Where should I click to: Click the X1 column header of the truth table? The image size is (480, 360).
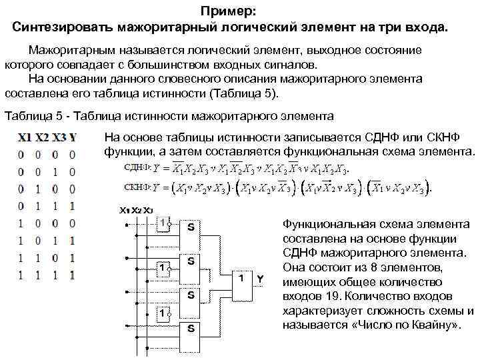[x=25, y=139]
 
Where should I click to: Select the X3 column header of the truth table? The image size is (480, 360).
[x=59, y=139]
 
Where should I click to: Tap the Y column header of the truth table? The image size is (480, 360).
[x=73, y=139]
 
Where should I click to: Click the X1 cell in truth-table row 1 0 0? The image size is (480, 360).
[x=21, y=223]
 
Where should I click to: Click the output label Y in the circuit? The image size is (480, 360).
[x=261, y=278]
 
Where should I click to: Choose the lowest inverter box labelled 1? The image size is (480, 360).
[x=165, y=311]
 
